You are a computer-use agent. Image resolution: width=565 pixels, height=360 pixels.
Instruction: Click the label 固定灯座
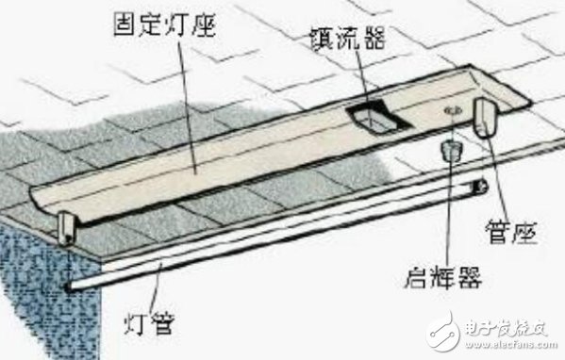tap(165, 25)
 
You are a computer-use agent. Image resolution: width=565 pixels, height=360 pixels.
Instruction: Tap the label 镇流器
tap(348, 38)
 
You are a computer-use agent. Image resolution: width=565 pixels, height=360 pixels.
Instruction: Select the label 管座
tap(511, 232)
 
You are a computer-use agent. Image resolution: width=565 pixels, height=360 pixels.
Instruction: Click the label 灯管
tap(150, 323)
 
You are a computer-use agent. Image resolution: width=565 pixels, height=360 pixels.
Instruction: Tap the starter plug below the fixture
tap(451, 151)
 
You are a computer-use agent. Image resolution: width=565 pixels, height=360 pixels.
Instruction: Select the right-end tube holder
tap(486, 118)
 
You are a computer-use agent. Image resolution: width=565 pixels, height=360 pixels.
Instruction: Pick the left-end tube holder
tap(67, 228)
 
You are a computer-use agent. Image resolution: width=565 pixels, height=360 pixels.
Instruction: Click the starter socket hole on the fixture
tap(452, 110)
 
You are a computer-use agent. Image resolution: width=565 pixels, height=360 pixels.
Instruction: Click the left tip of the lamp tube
tap(69, 286)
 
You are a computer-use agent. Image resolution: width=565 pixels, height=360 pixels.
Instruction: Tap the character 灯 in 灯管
tap(136, 323)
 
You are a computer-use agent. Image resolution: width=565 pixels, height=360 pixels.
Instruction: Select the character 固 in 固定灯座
tap(125, 25)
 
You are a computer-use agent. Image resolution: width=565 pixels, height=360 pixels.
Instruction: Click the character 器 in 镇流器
tap(374, 38)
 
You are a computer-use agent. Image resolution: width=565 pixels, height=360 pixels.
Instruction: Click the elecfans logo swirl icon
tap(443, 331)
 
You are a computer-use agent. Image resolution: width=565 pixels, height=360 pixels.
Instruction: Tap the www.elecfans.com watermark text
tap(511, 345)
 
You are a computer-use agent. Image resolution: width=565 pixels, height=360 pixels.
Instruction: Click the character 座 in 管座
tap(525, 232)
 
